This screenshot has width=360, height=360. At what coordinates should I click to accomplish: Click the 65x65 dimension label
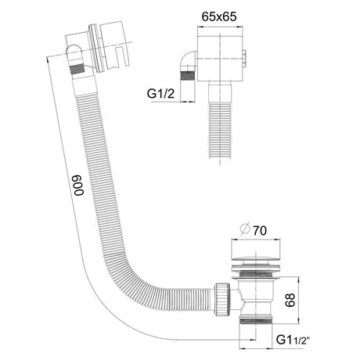219,16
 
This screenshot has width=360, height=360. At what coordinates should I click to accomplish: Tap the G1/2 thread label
160,93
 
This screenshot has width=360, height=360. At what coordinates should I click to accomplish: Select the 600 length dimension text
79,185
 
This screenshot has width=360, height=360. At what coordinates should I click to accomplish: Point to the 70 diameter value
260,230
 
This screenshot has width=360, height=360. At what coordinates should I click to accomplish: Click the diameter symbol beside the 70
245,229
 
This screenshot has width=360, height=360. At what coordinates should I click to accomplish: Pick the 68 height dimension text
290,300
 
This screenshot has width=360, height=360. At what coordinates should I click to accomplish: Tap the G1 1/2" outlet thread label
293,340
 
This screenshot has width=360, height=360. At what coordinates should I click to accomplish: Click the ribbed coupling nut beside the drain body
222,300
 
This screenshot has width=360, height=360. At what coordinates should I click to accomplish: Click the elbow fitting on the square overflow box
189,60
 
